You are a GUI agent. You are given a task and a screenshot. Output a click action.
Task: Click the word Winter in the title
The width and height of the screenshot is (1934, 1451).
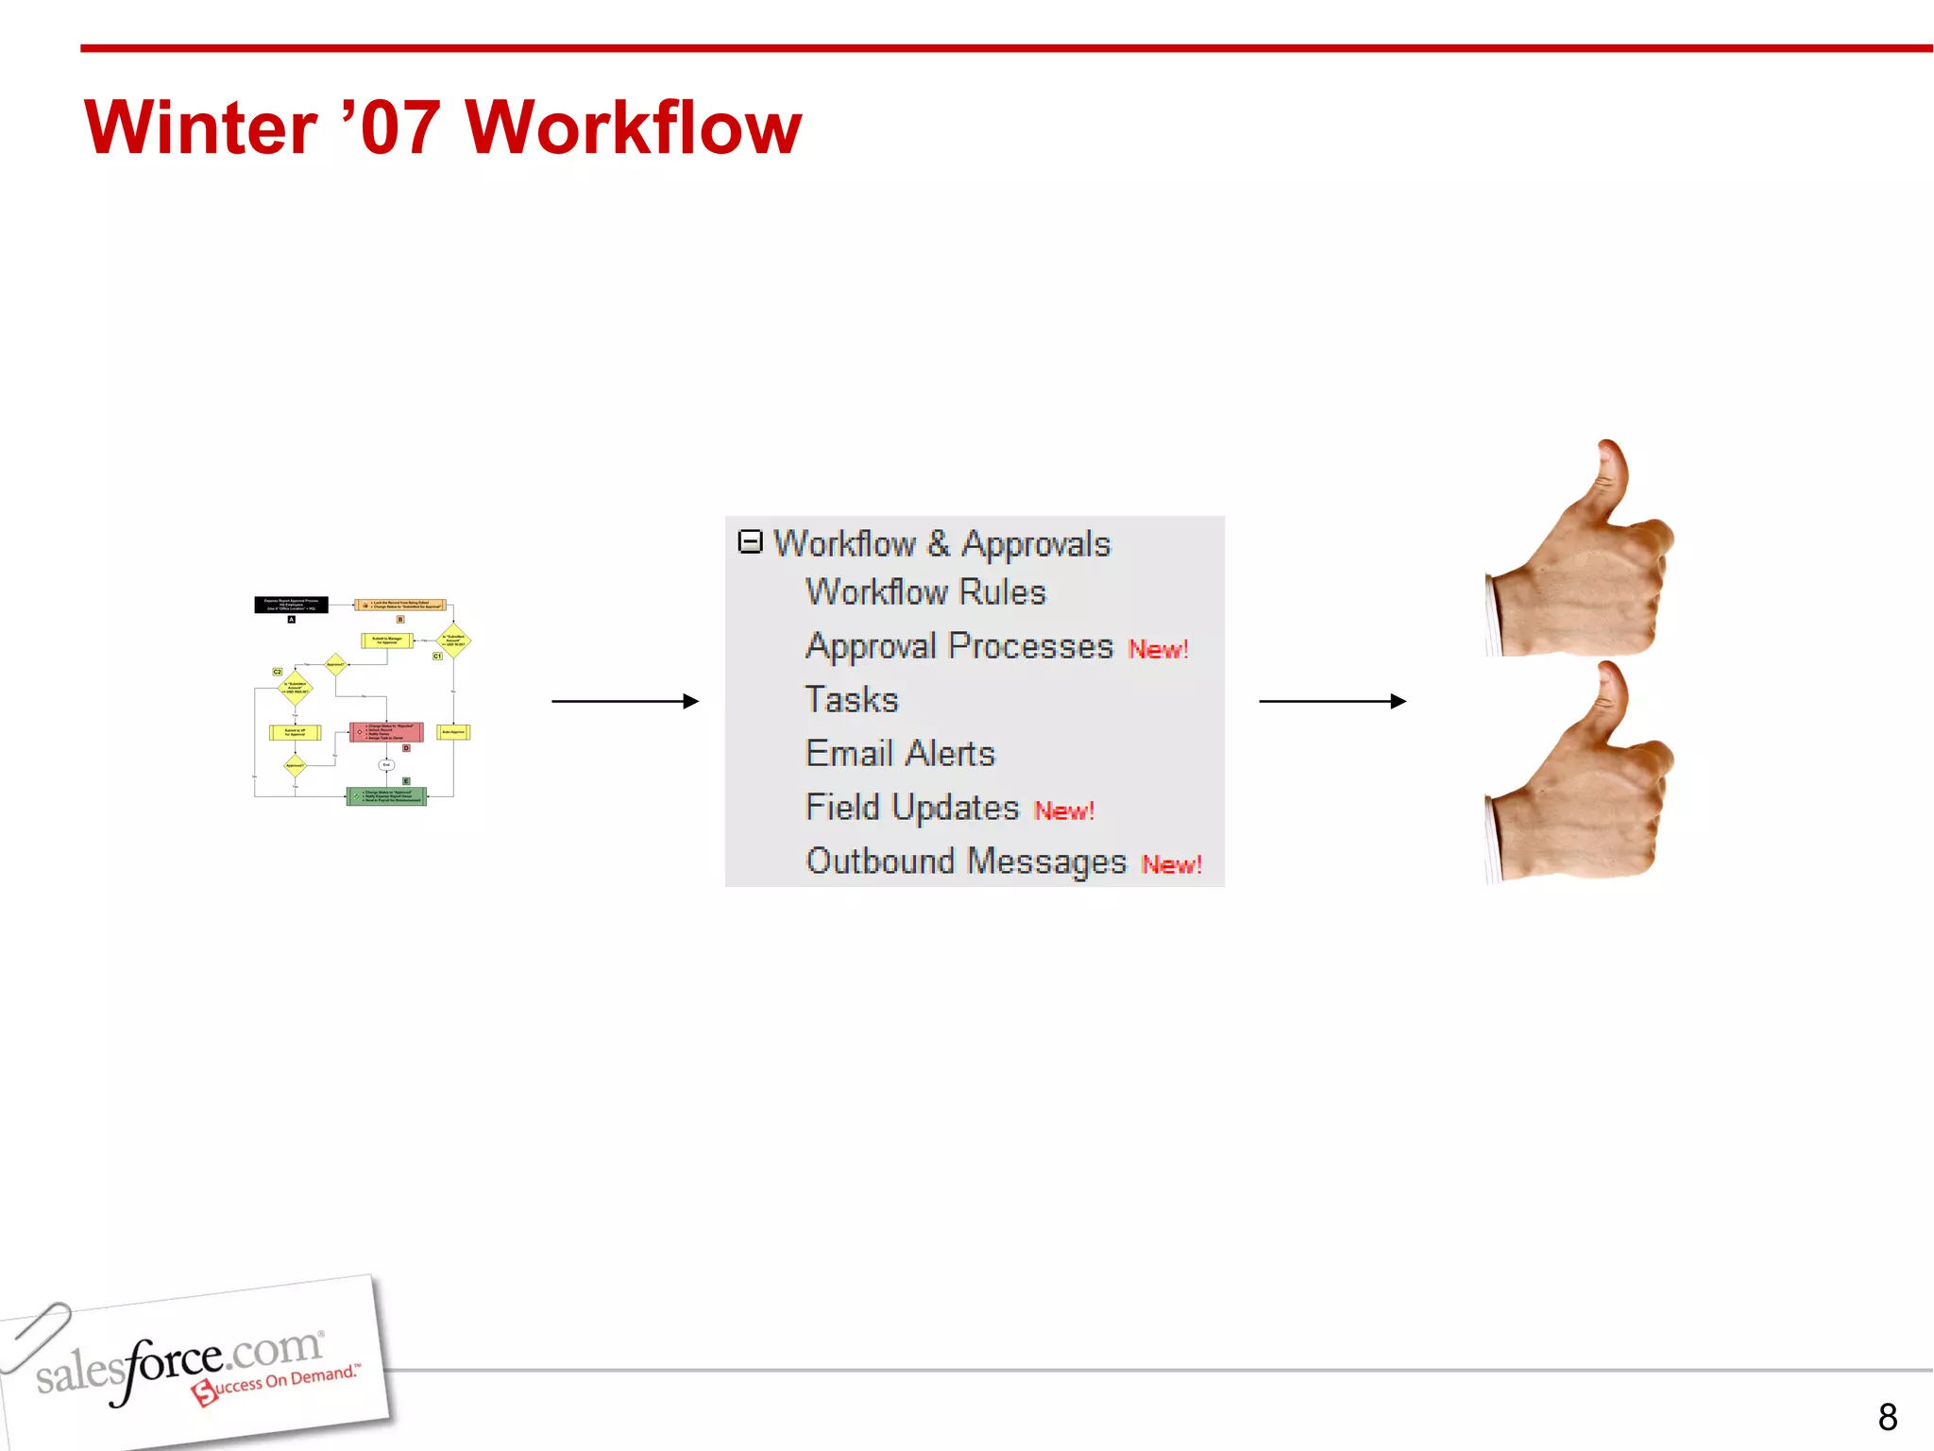(x=200, y=128)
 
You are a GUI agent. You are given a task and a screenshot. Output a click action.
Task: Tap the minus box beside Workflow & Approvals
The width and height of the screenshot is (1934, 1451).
(x=750, y=541)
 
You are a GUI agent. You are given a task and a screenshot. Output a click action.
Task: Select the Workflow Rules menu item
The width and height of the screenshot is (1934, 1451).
(x=925, y=592)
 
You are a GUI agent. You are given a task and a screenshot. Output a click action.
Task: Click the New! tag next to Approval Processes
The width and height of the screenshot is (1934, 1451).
(x=1158, y=650)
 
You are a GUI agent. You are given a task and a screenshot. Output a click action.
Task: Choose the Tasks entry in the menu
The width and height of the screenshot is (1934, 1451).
(x=851, y=700)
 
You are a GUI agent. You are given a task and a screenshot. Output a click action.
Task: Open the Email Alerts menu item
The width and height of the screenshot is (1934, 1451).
(x=900, y=754)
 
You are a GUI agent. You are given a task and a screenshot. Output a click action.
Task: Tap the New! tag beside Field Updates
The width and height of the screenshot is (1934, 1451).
(x=1063, y=811)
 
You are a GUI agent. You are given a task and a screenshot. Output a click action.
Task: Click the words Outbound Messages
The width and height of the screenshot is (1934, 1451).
(x=965, y=862)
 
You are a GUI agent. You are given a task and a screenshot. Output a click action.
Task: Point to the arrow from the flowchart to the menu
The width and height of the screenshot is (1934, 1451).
(x=624, y=701)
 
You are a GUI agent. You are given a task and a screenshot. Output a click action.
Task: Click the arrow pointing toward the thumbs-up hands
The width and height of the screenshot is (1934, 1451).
(x=1332, y=701)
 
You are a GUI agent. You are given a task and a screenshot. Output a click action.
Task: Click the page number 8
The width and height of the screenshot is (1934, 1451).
(x=1887, y=1417)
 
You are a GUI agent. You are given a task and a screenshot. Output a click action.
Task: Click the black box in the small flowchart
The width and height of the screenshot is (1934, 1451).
(x=291, y=605)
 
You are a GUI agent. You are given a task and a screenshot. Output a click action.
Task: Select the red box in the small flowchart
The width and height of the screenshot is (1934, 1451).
(x=386, y=732)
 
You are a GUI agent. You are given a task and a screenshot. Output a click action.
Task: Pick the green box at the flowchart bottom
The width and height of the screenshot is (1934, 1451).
(x=386, y=796)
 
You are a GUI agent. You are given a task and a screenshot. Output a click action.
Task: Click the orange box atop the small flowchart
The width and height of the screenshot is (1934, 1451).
(x=400, y=605)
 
